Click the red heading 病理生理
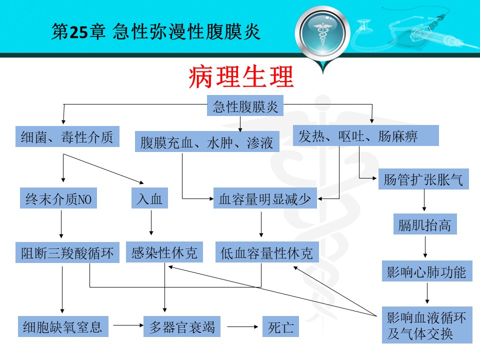[x=241, y=76]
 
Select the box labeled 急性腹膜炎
[x=245, y=105]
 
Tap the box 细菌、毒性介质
[x=67, y=136]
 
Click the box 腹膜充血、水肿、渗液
[x=207, y=141]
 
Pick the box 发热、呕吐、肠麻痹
[x=366, y=135]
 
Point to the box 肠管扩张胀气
[x=423, y=179]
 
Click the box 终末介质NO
[x=58, y=198]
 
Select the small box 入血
[x=149, y=198]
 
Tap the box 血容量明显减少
[x=265, y=198]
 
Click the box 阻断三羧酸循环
[x=67, y=252]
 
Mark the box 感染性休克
[x=164, y=252]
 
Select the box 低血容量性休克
[x=267, y=252]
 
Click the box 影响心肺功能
[x=427, y=271]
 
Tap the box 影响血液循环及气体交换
[x=427, y=325]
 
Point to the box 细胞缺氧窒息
[x=63, y=326]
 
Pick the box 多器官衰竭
[x=182, y=326]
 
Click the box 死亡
[x=280, y=326]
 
